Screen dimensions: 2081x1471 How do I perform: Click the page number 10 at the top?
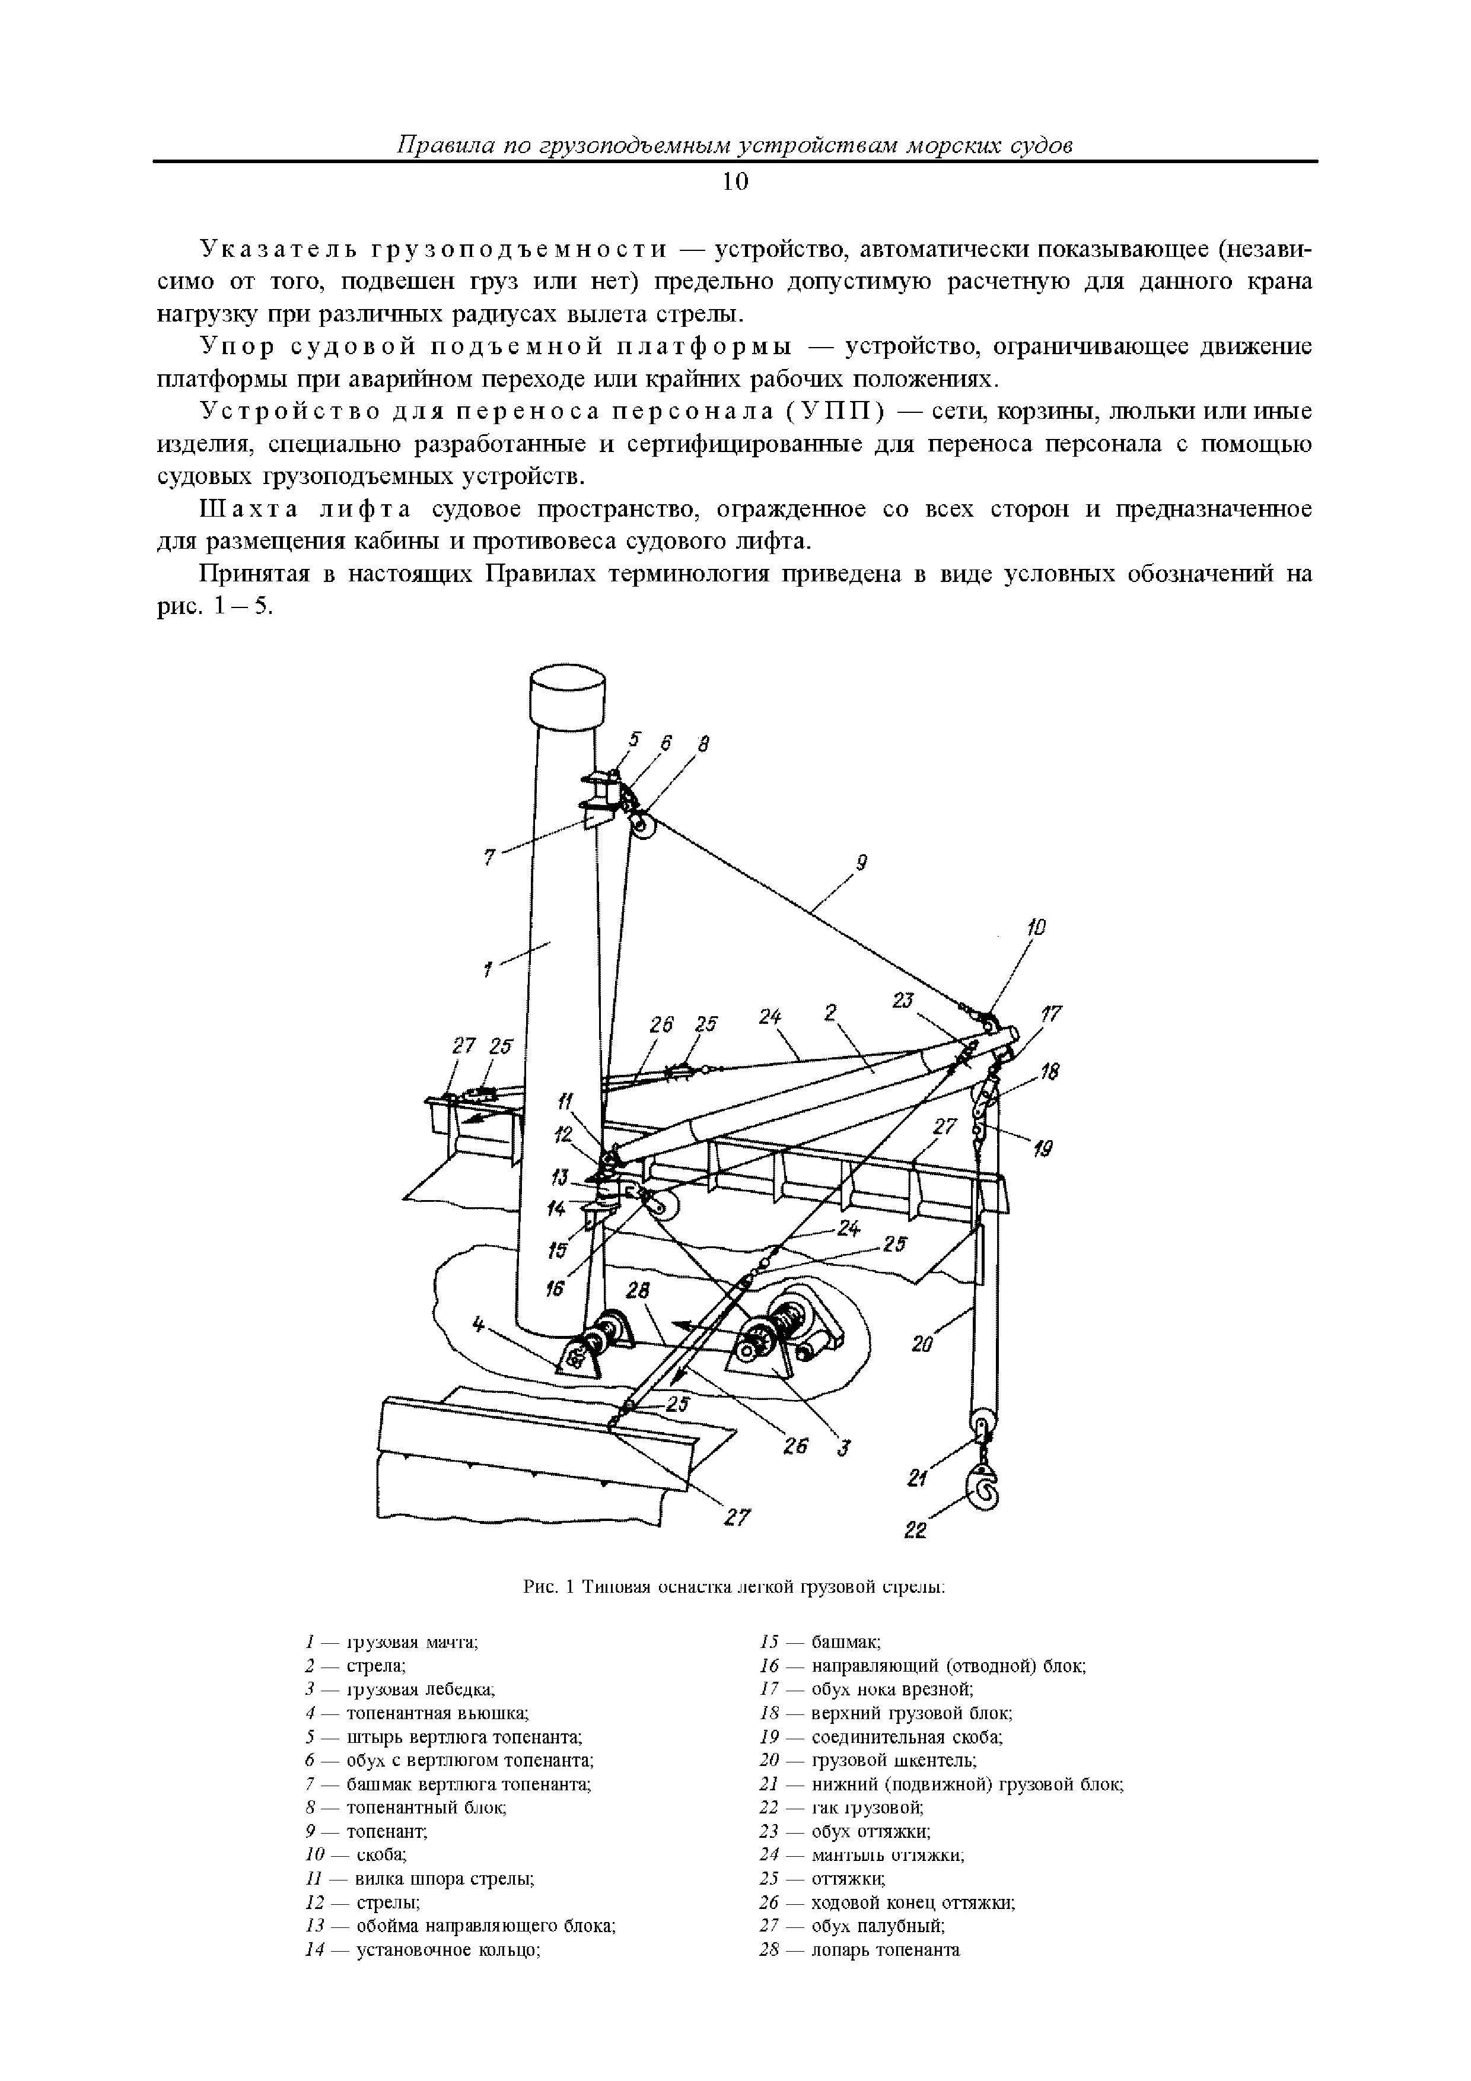(735, 182)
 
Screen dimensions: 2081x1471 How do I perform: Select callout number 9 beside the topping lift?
(862, 864)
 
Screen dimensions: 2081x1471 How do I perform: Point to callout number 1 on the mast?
(487, 970)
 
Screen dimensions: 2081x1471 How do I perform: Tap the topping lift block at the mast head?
(642, 826)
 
